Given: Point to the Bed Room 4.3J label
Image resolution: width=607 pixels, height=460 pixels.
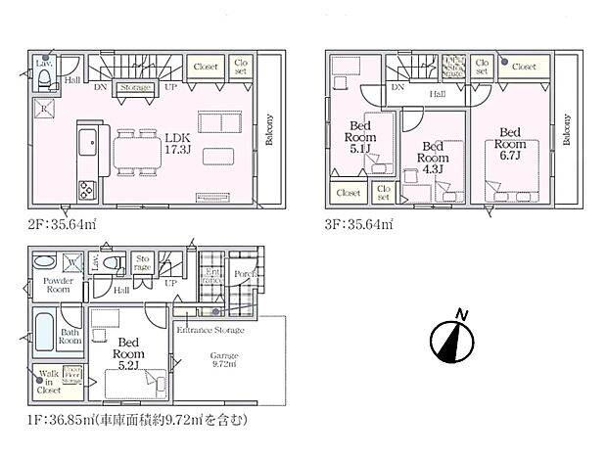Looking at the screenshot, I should tap(432, 157).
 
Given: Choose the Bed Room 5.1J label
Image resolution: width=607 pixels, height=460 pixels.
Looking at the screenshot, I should tap(358, 144).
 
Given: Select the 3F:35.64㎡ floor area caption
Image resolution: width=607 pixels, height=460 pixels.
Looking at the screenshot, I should tap(361, 224).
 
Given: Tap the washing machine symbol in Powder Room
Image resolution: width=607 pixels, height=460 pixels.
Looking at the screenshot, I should tap(73, 262).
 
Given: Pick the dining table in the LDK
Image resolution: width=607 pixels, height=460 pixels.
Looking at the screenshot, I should tap(138, 153).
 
